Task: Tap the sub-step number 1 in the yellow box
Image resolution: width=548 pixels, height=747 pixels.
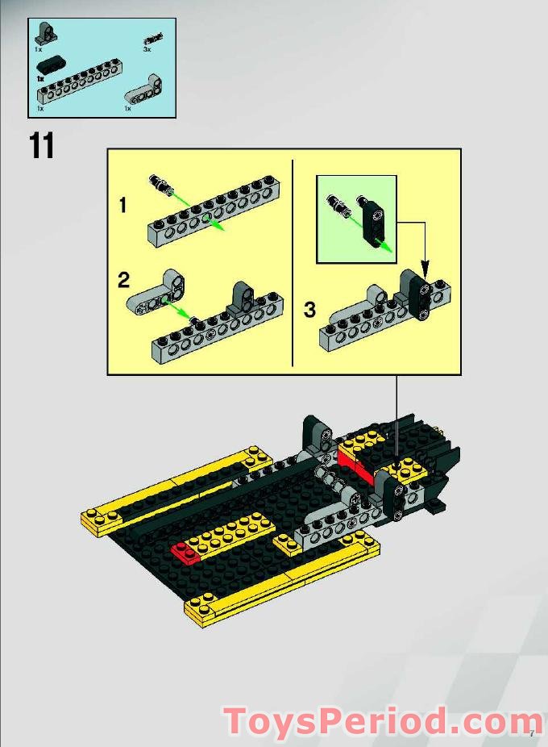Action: pos(122,206)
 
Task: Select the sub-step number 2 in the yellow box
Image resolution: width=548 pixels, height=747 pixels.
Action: pos(123,280)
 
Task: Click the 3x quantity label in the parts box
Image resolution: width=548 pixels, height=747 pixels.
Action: pos(147,50)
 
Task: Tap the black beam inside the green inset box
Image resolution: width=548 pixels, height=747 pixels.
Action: pos(377,219)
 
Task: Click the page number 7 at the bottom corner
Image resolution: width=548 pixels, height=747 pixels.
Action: pos(532,733)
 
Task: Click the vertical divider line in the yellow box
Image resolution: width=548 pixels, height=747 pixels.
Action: pos(292,262)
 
